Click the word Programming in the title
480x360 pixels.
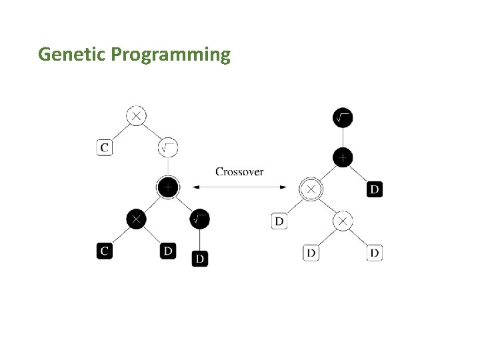pyautogui.click(x=171, y=55)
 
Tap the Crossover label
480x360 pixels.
pyautogui.click(x=239, y=171)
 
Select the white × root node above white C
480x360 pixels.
pyautogui.click(x=136, y=116)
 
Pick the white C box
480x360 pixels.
pyautogui.click(x=104, y=147)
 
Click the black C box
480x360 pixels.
pyautogui.click(x=104, y=251)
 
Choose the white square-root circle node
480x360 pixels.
pyautogui.click(x=168, y=147)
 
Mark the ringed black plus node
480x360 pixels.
pyautogui.click(x=168, y=188)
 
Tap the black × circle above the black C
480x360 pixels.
pyautogui.click(x=136, y=219)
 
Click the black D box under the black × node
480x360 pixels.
pyautogui.click(x=168, y=251)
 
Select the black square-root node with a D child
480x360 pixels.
pyautogui.click(x=199, y=219)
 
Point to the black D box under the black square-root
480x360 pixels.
pyautogui.click(x=199, y=258)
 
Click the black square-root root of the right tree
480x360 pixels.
pyautogui.click(x=342, y=118)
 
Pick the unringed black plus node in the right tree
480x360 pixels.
pyautogui.click(x=342, y=157)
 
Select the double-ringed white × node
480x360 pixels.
pyautogui.click(x=311, y=189)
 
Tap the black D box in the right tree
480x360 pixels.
pyautogui.click(x=375, y=189)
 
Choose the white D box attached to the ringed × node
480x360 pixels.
pyautogui.click(x=279, y=221)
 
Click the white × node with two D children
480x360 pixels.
pyautogui.click(x=342, y=221)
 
